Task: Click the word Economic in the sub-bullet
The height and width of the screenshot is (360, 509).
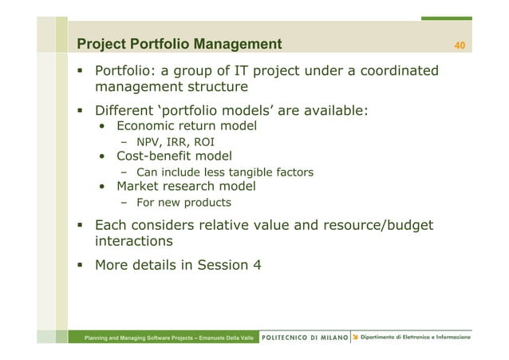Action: point(150,126)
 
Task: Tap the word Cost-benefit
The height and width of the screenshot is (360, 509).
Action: point(156,156)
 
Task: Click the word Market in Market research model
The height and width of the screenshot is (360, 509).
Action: point(139,187)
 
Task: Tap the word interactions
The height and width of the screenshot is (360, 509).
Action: point(133,241)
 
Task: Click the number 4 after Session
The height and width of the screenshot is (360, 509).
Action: point(256,264)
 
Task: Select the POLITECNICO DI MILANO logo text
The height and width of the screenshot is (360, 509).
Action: point(306,338)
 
